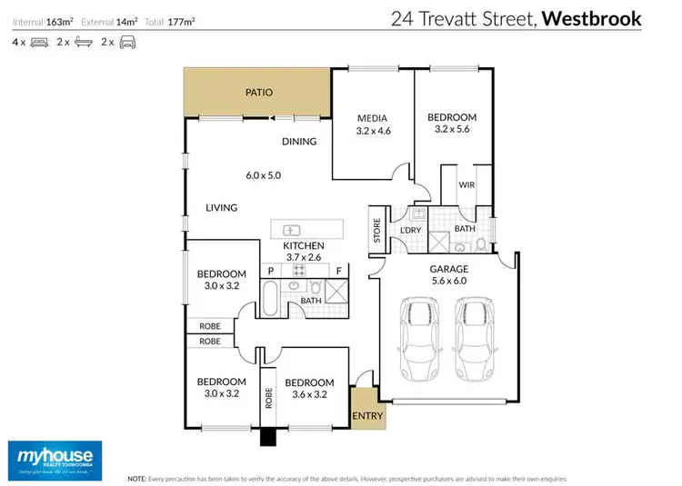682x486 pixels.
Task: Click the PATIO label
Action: point(259,93)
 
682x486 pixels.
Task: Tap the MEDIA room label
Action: point(372,118)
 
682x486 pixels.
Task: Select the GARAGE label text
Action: point(448,269)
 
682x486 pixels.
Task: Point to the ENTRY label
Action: point(368,417)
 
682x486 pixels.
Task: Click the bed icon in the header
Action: point(39,42)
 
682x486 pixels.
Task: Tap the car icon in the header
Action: point(127,42)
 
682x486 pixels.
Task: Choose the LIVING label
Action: point(221,208)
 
